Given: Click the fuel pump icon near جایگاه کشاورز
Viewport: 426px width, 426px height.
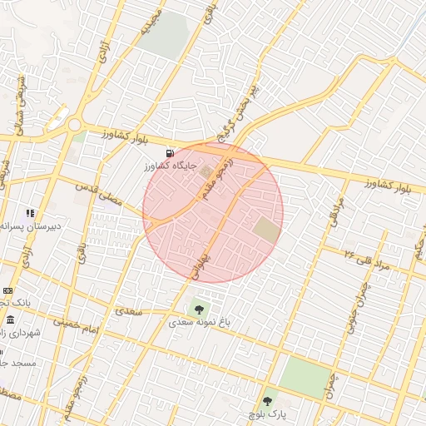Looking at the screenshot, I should pos(171,153).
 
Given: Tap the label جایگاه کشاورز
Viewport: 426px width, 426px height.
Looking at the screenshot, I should pos(170,166).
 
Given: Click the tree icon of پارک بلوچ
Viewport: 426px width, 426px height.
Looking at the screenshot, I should pos(268,401).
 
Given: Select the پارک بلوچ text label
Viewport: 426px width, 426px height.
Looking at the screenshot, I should pos(268,414).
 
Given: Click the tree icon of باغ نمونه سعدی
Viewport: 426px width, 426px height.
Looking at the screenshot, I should pos(198,309).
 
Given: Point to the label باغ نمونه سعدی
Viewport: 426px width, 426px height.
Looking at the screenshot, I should pos(200,321).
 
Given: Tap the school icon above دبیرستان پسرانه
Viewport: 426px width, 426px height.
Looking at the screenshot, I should pos(31,214).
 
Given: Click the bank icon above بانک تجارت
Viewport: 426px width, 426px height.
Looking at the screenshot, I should pos(8,290).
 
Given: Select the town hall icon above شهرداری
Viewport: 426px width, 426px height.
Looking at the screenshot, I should pos(10,319).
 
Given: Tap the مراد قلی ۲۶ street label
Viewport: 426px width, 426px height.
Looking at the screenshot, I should pos(367,259).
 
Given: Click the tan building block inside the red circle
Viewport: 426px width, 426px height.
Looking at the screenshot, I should pos(267,230).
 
